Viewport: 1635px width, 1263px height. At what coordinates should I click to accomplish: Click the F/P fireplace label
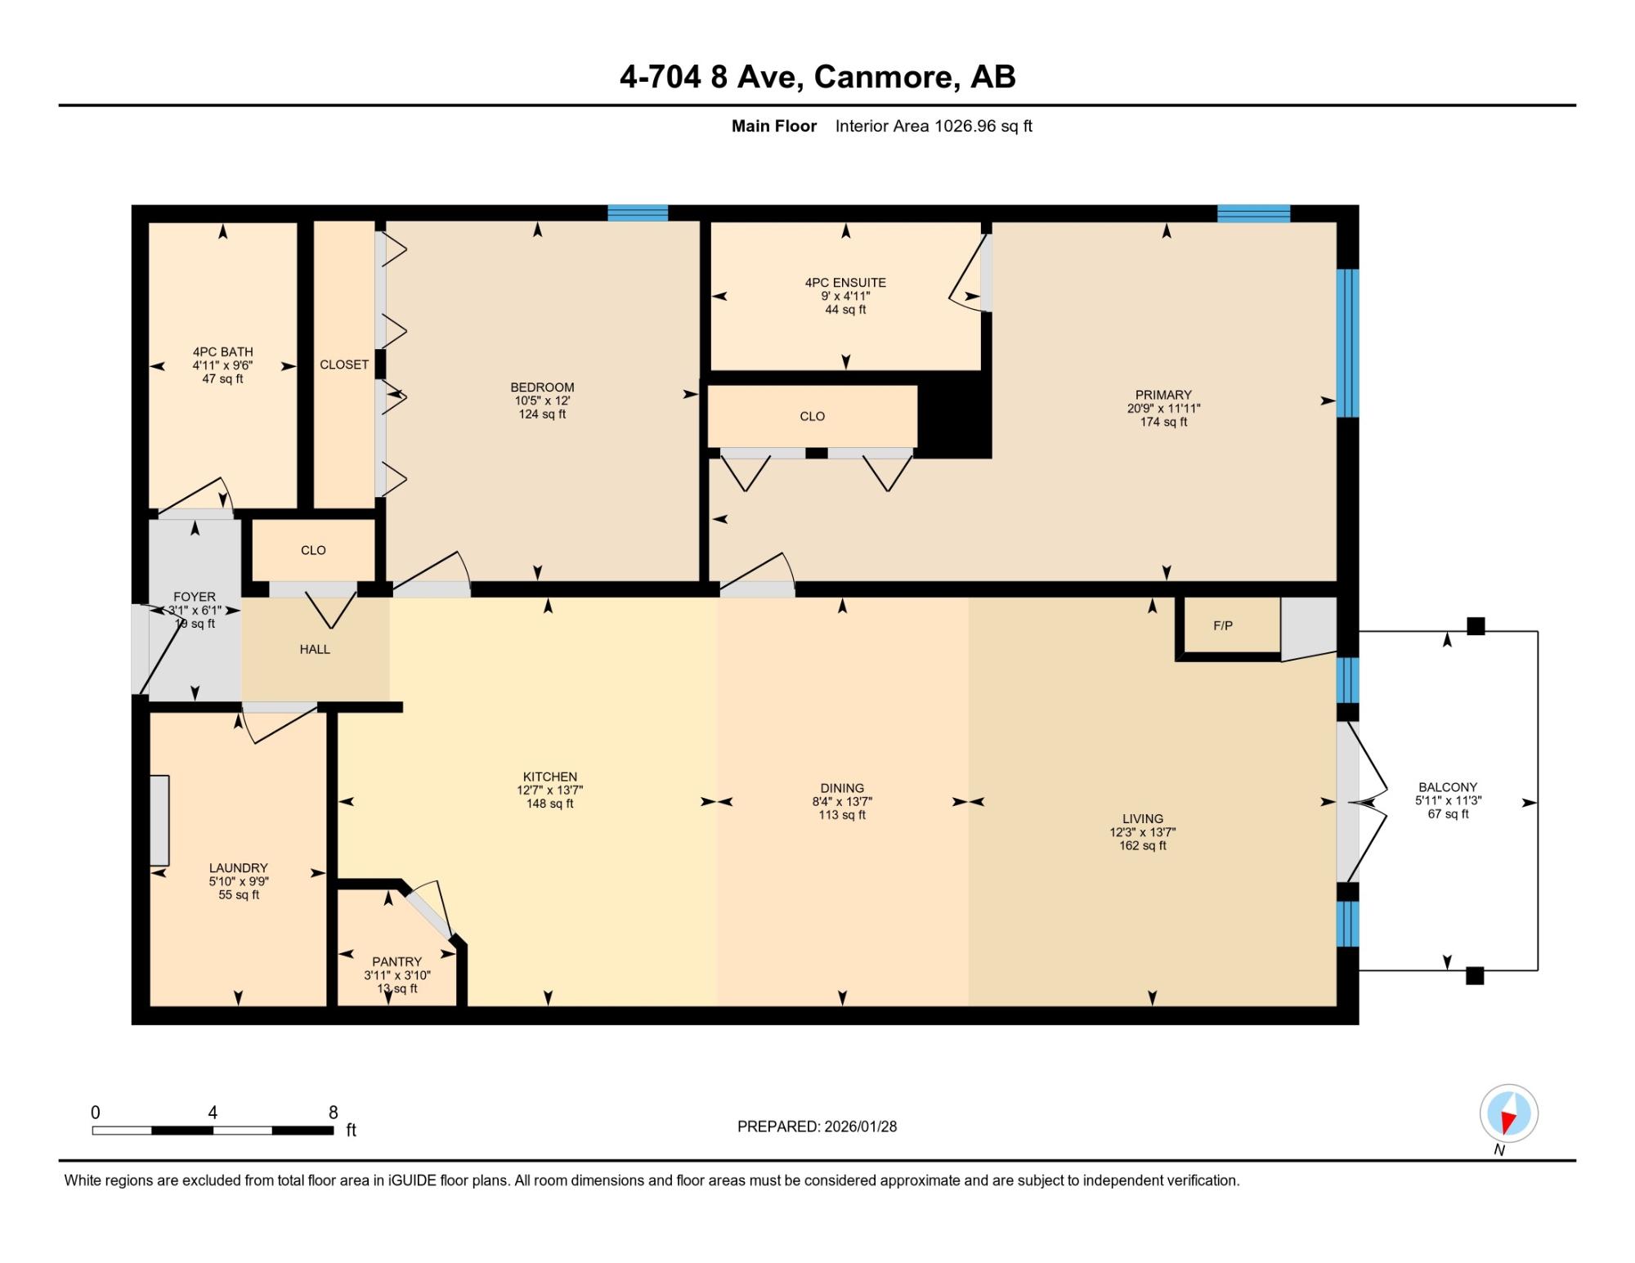pyautogui.click(x=1222, y=626)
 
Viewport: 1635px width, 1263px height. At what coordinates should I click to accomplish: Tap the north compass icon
pyautogui.click(x=1508, y=1113)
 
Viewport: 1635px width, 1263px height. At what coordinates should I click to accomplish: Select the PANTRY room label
pyautogui.click(x=396, y=962)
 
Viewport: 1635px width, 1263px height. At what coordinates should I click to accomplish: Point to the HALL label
pyautogui.click(x=315, y=650)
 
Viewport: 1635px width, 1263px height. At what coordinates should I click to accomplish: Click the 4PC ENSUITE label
pyautogui.click(x=845, y=283)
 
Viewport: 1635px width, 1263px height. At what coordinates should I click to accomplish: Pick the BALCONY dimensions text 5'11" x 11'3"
pyautogui.click(x=1448, y=801)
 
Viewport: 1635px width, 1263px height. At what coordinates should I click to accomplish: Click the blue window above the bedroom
pyautogui.click(x=638, y=213)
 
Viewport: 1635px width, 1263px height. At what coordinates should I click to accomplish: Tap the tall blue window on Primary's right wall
pyautogui.click(x=1347, y=343)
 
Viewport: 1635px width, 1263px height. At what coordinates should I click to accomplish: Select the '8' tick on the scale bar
pyautogui.click(x=333, y=1113)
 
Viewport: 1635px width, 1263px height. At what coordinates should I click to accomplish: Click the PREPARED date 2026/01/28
pyautogui.click(x=860, y=1126)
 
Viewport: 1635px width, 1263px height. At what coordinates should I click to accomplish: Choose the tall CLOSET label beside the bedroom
pyautogui.click(x=344, y=365)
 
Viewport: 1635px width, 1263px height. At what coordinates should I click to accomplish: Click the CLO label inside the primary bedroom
pyautogui.click(x=812, y=417)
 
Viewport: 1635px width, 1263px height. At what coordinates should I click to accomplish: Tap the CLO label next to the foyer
pyautogui.click(x=313, y=551)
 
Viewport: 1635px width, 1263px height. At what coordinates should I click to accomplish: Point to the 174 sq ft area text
pyautogui.click(x=1163, y=422)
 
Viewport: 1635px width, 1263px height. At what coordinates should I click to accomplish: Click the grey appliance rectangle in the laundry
pyautogui.click(x=159, y=820)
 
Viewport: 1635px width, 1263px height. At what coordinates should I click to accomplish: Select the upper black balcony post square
pyautogui.click(x=1476, y=626)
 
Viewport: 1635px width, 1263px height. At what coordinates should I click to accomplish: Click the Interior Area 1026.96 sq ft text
pyautogui.click(x=934, y=126)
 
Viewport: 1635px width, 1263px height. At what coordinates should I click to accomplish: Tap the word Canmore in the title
pyautogui.click(x=886, y=77)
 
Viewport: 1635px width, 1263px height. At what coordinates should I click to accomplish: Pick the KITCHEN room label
pyautogui.click(x=550, y=777)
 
